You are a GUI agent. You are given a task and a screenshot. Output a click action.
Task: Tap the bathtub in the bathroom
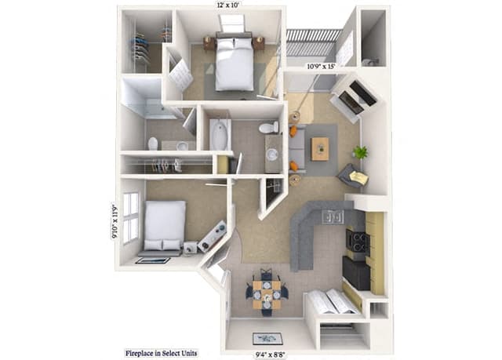218,135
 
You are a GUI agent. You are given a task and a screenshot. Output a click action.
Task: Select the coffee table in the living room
320,148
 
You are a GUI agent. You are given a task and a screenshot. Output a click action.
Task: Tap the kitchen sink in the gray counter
333,216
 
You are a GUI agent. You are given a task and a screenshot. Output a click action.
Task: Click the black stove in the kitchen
356,244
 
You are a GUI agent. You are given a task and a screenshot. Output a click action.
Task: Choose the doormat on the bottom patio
267,338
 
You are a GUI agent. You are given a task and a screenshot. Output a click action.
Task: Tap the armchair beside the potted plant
352,176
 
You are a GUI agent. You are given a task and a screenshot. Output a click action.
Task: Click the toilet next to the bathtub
269,127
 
